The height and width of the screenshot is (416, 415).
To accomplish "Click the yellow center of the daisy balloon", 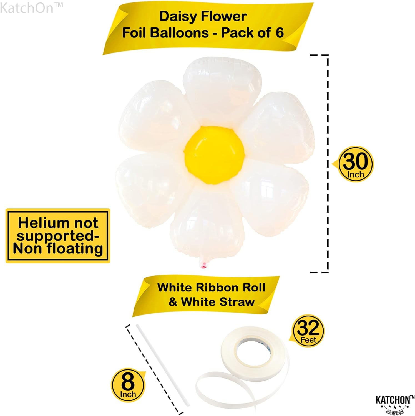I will (x=215, y=155).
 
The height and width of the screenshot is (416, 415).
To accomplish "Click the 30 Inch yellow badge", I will (x=356, y=164).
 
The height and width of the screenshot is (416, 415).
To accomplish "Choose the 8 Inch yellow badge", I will (x=128, y=385).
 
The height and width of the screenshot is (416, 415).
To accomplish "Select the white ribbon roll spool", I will (x=254, y=349).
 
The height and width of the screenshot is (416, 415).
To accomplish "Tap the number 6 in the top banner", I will (x=279, y=33).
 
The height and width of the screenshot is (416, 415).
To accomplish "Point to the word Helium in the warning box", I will (x=41, y=223).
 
